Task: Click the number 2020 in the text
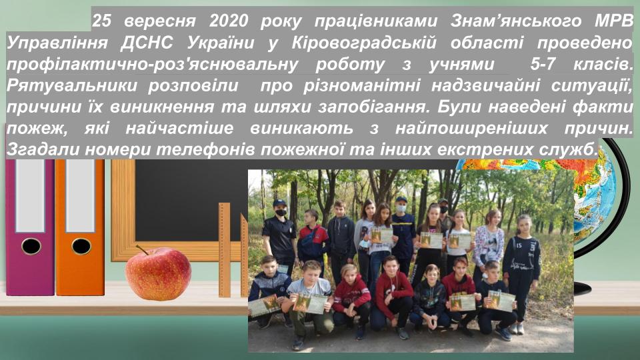(x=228, y=21)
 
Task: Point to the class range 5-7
(x=543, y=64)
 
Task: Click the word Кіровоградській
(x=364, y=43)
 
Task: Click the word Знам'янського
(x=515, y=21)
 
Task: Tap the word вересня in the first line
(x=159, y=21)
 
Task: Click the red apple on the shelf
(x=158, y=273)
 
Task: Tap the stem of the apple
(x=143, y=249)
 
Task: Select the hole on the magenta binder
(x=31, y=246)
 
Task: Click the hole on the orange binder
(x=81, y=246)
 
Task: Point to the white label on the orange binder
(x=80, y=196)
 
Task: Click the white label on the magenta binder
(x=30, y=196)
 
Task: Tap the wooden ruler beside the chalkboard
(x=224, y=250)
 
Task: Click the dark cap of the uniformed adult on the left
(x=280, y=203)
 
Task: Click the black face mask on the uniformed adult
(x=281, y=212)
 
